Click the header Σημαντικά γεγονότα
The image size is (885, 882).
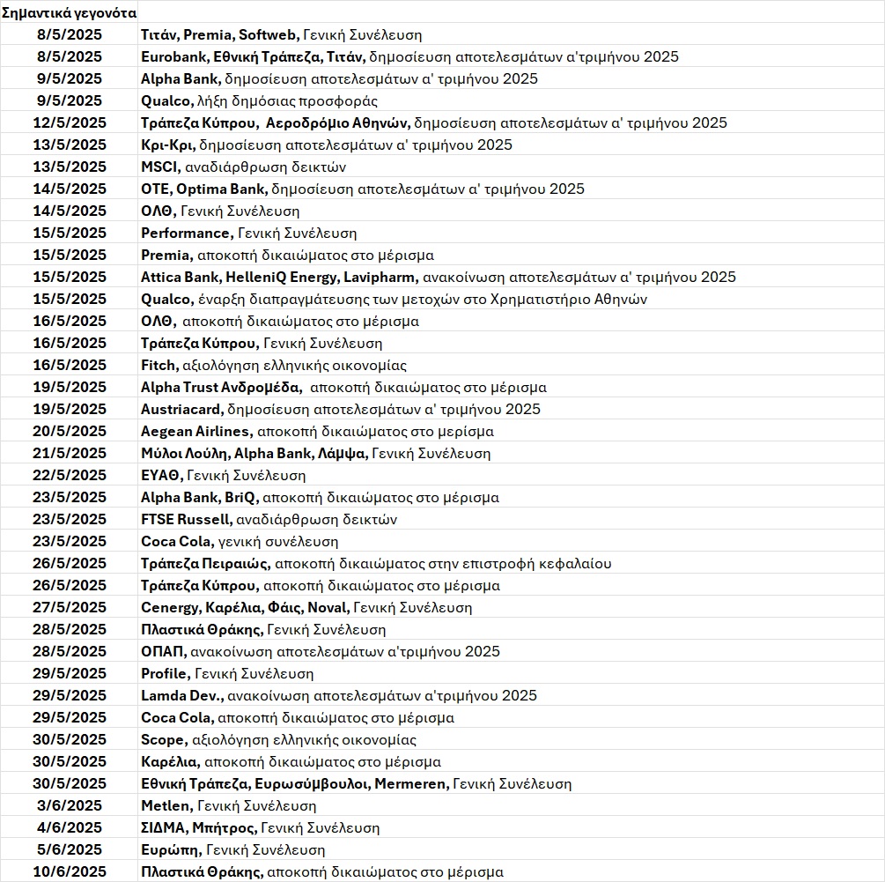[69, 12]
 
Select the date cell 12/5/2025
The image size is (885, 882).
[69, 122]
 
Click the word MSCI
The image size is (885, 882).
[159, 167]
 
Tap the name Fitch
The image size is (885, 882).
[159, 365]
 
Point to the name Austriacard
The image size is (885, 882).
[181, 409]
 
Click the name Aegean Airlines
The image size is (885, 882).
[195, 431]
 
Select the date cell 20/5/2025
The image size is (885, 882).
[69, 431]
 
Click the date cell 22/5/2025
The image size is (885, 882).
[69, 475]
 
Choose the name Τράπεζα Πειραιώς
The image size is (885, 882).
[205, 563]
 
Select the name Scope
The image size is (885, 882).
[163, 739]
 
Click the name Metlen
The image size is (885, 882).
[166, 805]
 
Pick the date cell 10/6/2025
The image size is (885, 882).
[69, 871]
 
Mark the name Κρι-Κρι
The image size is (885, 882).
[167, 145]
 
